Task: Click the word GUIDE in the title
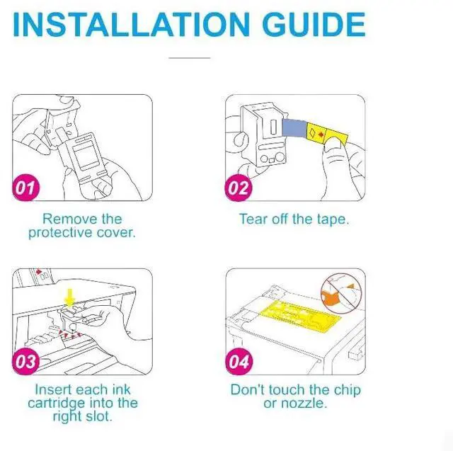[x=314, y=24]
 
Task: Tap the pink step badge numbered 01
[x=26, y=188]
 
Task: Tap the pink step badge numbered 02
[x=239, y=188]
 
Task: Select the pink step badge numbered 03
[x=26, y=361]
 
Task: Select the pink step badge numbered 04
[x=239, y=361]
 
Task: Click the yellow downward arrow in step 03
[x=69, y=297]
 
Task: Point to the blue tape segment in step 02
[x=294, y=128]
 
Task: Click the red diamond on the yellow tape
[x=321, y=135]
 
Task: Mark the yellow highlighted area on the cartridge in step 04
[x=300, y=315]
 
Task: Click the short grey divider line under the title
[x=190, y=58]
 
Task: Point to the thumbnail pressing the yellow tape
[x=333, y=144]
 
